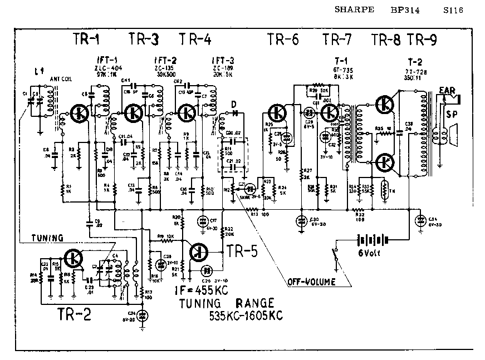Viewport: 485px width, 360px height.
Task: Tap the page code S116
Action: (x=453, y=9)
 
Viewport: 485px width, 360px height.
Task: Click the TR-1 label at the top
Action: (x=87, y=40)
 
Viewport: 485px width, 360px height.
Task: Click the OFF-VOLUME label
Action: (x=311, y=282)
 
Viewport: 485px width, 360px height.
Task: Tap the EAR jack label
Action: (x=449, y=90)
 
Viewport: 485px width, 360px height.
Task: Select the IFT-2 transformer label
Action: (x=165, y=60)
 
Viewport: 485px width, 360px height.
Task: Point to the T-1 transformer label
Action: (x=341, y=60)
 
